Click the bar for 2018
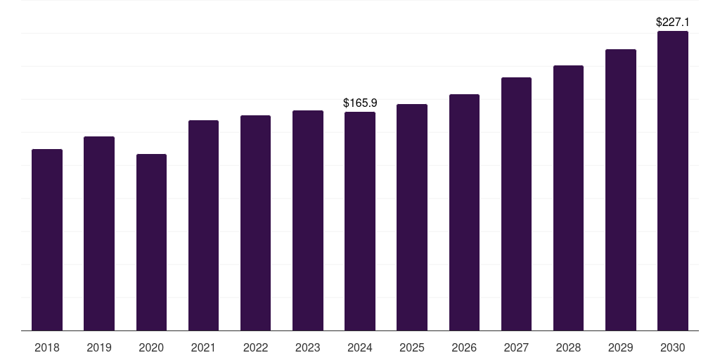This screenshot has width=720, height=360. (x=47, y=240)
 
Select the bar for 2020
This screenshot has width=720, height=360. (x=151, y=242)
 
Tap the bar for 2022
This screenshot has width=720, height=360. (x=255, y=223)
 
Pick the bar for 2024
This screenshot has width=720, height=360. (x=360, y=221)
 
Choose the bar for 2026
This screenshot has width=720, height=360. (x=464, y=212)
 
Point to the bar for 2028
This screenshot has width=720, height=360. (x=568, y=198)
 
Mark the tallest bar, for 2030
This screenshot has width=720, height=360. (x=673, y=181)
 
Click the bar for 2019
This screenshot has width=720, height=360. (x=99, y=233)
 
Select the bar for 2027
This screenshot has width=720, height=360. (x=516, y=204)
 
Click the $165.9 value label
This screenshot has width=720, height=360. (x=360, y=103)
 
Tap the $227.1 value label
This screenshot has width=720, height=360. (x=673, y=22)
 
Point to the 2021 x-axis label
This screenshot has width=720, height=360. (x=203, y=347)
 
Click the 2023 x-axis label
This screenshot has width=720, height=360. (x=307, y=347)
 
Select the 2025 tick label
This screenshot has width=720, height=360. (x=412, y=347)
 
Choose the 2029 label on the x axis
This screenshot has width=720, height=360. (x=621, y=347)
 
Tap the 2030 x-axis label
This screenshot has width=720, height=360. (x=673, y=347)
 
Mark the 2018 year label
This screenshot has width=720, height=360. (x=47, y=347)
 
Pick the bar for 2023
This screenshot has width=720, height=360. (x=308, y=220)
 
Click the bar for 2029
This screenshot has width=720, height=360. (x=621, y=190)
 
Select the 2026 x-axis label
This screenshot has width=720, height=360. (x=464, y=347)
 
